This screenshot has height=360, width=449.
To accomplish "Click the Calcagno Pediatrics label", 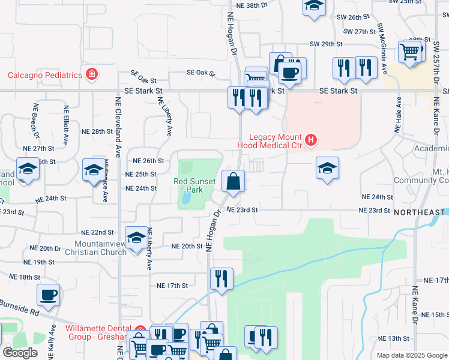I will pyautogui.click(x=44, y=75).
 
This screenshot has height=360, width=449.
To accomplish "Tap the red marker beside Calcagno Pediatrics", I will pyautogui.click(x=92, y=75).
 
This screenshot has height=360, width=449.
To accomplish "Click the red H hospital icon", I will pyautogui.click(x=311, y=141).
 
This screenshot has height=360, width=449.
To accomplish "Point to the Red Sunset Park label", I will pyautogui.click(x=193, y=181).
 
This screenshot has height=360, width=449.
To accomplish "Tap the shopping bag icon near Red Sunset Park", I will pyautogui.click(x=233, y=180).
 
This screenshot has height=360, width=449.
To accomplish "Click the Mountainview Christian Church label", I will pyautogui.click(x=101, y=248).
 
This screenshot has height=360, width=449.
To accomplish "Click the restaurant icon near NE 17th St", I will pyautogui.click(x=221, y=278).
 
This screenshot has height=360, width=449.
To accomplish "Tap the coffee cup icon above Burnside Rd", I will pyautogui.click(x=49, y=295).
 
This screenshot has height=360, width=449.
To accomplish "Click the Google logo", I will pyautogui.click(x=20, y=353).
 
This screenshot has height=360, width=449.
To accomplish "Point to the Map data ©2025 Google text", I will pyautogui.click(x=411, y=355).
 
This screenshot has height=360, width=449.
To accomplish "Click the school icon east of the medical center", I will pyautogui.click(x=327, y=168).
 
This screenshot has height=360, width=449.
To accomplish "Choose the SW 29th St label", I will pyautogui.click(x=326, y=44).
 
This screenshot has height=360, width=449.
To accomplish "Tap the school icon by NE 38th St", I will pyautogui.click(x=313, y=7).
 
